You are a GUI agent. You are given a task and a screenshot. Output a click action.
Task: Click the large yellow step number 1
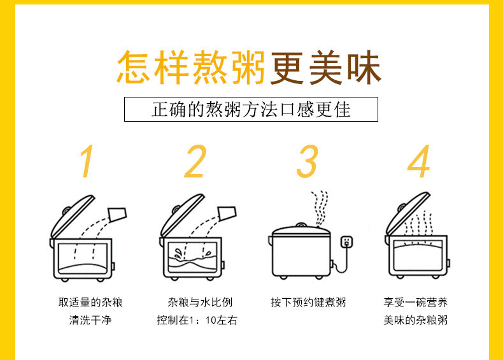(x=87, y=161)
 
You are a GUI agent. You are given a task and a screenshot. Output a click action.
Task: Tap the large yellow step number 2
(x=195, y=161)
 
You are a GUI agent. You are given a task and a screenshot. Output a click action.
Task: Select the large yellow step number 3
(x=308, y=161)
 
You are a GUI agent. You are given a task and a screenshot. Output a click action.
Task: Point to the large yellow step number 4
(x=418, y=161)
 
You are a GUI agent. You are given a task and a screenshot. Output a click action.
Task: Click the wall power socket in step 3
(x=346, y=242)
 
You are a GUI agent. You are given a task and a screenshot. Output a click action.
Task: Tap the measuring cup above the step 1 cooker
(x=117, y=215)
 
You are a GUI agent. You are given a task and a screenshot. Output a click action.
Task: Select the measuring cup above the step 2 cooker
(x=227, y=213)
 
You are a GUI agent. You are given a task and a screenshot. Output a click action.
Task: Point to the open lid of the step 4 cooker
(x=407, y=213)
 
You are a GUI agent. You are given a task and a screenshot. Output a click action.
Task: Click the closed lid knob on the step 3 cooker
(x=301, y=225)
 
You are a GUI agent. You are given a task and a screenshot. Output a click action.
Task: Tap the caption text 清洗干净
(x=90, y=320)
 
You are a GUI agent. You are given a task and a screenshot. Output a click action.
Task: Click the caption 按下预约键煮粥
(x=308, y=302)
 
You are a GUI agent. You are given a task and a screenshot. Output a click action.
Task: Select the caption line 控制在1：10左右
(x=197, y=320)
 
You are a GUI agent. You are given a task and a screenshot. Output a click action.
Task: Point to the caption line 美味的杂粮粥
(x=415, y=320)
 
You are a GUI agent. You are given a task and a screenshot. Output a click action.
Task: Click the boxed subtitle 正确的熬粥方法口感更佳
(x=251, y=110)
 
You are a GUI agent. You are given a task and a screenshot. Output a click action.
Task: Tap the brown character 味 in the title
(x=364, y=68)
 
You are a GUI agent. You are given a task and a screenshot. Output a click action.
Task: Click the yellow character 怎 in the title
(x=134, y=68)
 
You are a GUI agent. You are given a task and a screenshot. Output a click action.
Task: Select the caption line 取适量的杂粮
(x=90, y=302)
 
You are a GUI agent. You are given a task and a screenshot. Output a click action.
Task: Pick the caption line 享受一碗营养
(x=415, y=302)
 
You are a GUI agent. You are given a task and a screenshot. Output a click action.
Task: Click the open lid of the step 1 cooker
(x=73, y=216)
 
